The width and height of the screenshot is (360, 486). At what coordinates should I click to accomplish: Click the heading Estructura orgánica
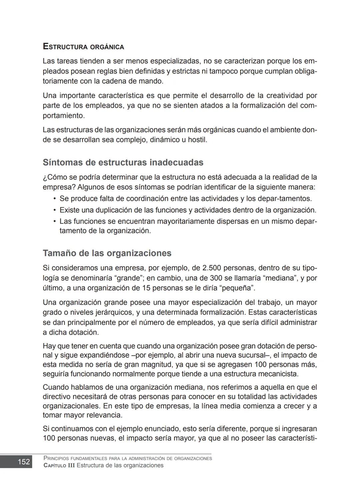83,47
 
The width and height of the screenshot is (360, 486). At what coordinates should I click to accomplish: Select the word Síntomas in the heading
62,163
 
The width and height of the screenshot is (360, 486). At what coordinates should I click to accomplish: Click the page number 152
24,462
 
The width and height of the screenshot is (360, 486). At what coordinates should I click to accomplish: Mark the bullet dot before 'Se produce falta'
54,199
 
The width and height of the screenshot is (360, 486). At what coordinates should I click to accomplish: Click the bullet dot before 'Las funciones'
54,221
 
